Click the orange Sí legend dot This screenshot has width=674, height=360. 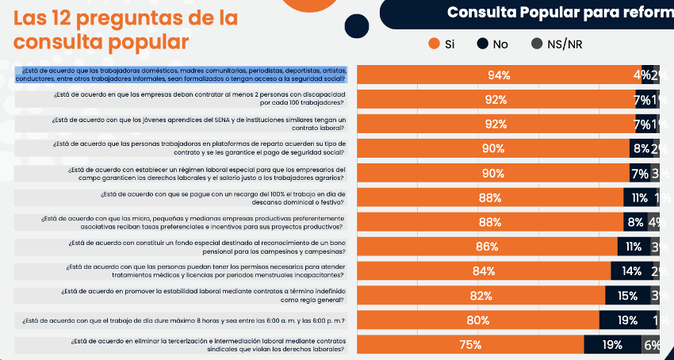434,44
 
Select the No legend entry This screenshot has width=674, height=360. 500,44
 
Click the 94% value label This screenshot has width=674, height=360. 499,75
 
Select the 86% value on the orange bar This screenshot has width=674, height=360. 487,247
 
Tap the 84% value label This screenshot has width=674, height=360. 483,271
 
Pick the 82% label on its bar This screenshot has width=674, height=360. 481,296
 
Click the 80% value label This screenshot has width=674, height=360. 477,320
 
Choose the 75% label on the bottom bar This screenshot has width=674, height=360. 470,345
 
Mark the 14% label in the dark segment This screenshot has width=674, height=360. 632,271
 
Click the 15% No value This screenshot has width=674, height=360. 627,296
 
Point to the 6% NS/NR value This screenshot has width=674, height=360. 652,345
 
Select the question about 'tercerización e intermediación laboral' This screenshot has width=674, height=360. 208,345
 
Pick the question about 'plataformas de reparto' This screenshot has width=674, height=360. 198,148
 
